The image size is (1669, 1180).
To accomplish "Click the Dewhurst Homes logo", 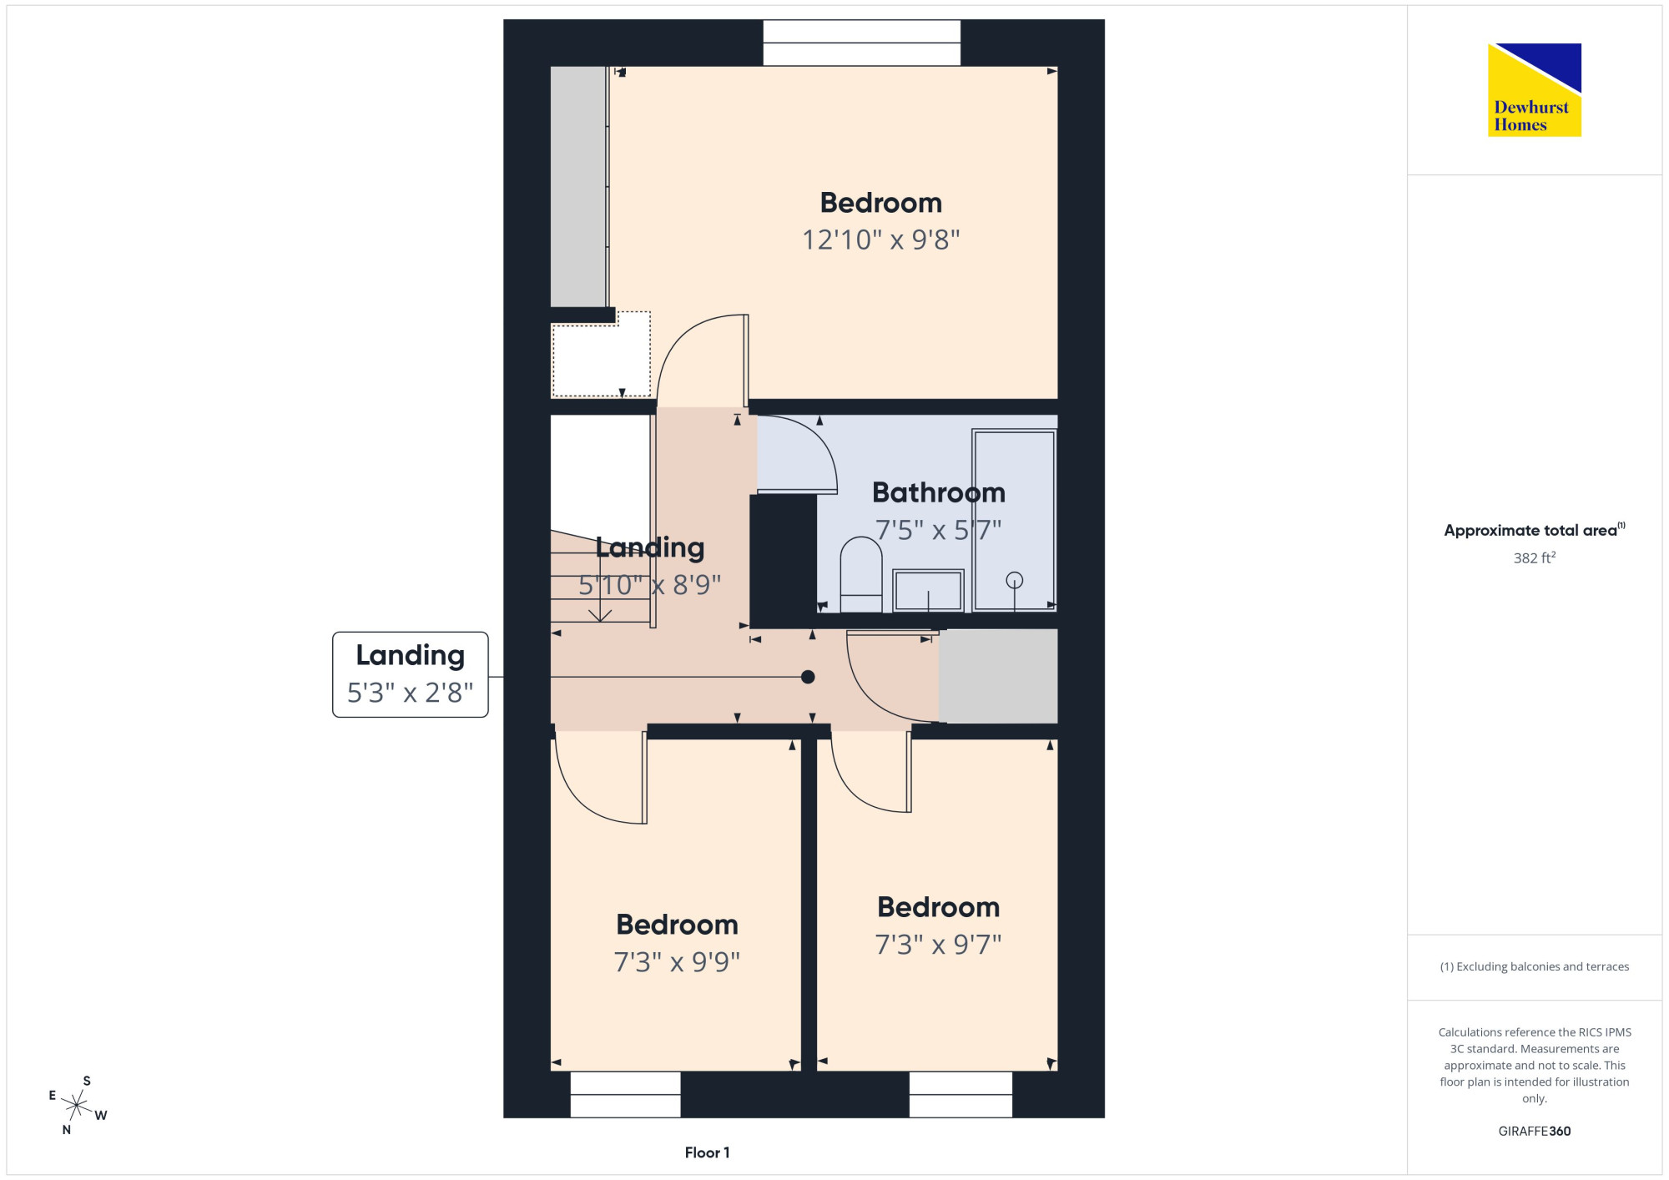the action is [1534, 89].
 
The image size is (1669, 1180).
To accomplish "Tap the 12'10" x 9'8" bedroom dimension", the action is [880, 240].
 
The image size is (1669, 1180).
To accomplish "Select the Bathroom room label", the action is [939, 492].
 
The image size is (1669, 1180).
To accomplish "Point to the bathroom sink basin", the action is [928, 590].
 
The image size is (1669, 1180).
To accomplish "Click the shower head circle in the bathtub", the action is [1015, 579].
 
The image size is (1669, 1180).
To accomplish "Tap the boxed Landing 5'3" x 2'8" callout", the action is [410, 674].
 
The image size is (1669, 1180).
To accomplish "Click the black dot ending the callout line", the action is [808, 677].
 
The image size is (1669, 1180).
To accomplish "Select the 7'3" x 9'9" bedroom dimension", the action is [677, 962].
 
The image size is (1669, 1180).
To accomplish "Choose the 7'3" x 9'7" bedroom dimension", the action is [938, 945].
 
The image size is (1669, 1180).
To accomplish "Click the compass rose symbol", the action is [77, 1106].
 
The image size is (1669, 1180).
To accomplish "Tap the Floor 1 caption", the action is [707, 1152].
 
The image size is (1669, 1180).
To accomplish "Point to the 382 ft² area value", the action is [1535, 557].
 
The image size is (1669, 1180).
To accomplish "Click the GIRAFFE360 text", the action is [1534, 1132].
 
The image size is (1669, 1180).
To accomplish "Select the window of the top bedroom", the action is [862, 43].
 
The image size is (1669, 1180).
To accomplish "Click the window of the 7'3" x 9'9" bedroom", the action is [626, 1094].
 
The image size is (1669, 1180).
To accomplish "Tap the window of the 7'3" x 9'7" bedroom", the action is [961, 1094].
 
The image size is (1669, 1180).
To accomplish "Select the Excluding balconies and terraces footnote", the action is [1534, 966].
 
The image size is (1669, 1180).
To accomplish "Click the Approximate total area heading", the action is [1534, 530].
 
